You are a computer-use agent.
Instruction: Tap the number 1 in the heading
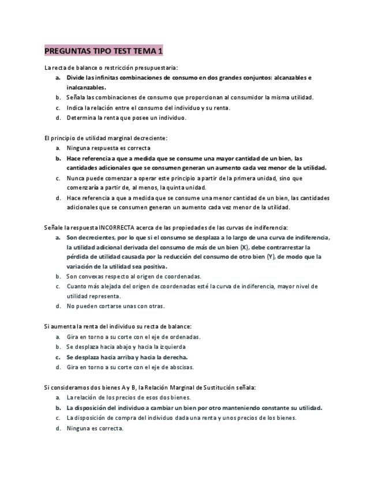point(160,51)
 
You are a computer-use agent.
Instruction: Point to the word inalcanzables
point(86,88)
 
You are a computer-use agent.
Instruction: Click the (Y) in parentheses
point(269,257)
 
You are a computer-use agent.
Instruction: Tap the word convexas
point(93,276)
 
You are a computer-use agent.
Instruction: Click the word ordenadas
point(184,337)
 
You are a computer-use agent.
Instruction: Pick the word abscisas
point(179,367)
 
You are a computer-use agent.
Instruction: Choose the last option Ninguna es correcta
point(95,428)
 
